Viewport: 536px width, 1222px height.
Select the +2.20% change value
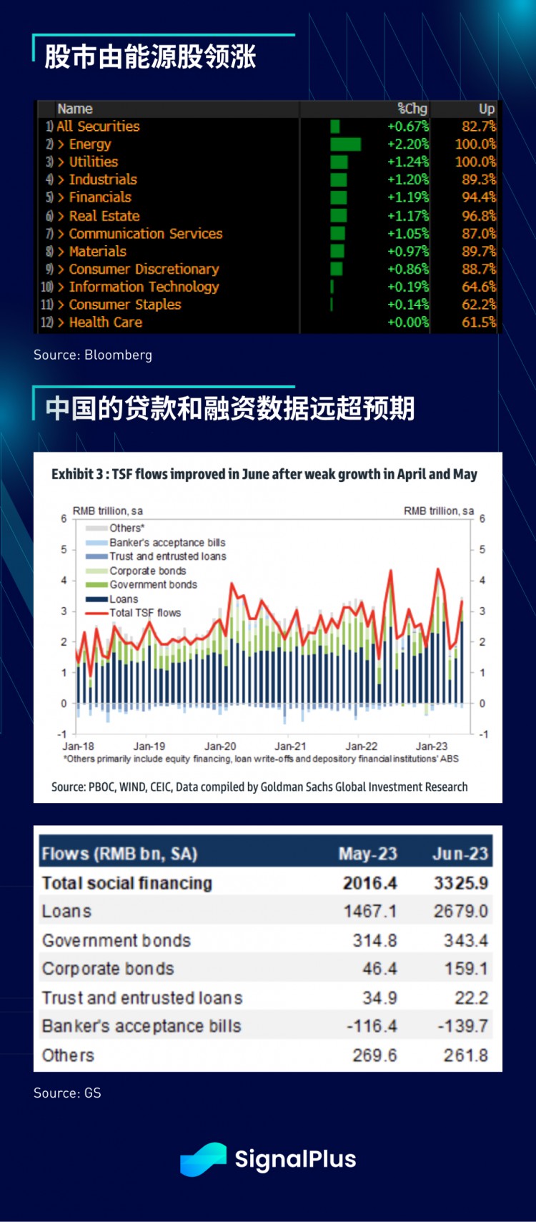407,144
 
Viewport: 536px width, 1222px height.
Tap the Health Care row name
105,322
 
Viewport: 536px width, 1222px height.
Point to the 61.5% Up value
478,322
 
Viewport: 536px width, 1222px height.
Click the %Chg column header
412,109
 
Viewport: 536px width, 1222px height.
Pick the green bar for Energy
346,144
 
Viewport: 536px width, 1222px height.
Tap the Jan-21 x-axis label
290,746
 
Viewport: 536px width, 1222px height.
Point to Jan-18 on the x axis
78,746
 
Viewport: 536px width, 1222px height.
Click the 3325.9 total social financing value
460,883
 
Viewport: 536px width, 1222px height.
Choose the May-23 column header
367,854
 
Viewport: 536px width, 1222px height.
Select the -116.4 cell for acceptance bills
371,1026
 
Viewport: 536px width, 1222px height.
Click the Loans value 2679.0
460,911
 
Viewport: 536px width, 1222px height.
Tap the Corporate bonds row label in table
108,969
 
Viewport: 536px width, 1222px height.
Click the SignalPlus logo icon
203,1159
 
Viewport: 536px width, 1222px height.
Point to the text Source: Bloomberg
93,355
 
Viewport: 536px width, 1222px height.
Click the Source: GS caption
67,1093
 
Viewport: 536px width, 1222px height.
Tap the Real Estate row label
104,216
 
